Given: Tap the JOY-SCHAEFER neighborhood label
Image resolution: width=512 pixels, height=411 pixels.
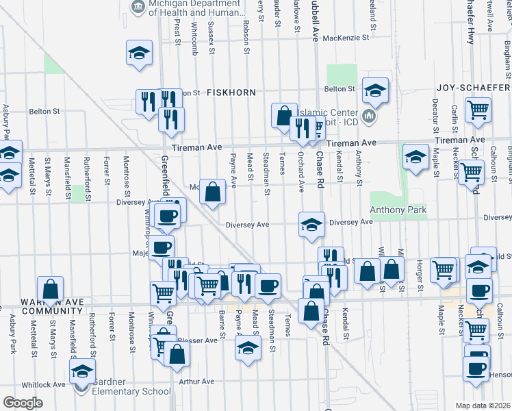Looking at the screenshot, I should pos(474,88).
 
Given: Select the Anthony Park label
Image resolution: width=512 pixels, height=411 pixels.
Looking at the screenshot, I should pos(398,210).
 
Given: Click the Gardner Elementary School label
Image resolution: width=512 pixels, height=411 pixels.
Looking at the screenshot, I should pos(131,392).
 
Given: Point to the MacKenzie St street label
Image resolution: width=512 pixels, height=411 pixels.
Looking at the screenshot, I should pos(346,38).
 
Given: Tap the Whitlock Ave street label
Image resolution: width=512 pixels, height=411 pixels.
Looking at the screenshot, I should pos(42,384).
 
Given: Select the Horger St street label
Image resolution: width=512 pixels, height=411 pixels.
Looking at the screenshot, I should pos(418,277).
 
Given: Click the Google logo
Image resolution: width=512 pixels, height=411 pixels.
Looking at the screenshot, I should pos(22,402).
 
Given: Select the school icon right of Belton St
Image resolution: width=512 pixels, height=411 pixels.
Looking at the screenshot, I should pos(375,90).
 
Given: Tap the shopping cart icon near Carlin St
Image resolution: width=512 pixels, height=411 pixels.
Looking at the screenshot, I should pos(478,108).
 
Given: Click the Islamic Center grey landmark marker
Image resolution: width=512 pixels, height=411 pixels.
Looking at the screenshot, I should pos(370,116).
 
